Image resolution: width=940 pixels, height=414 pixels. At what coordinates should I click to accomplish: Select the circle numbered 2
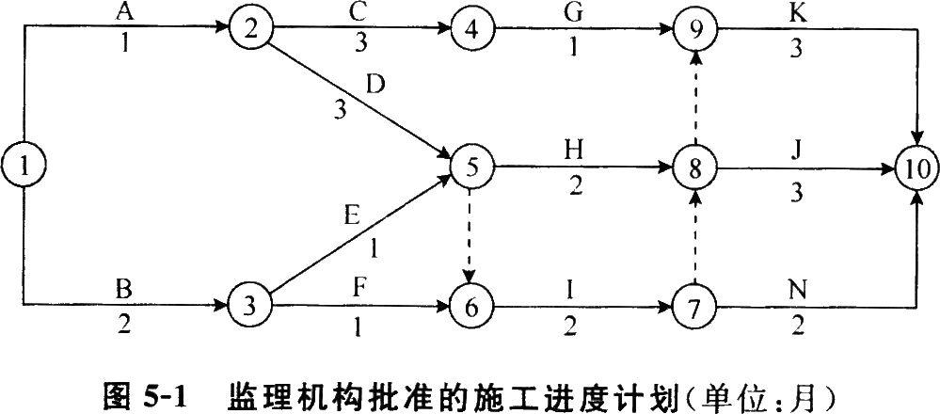248,29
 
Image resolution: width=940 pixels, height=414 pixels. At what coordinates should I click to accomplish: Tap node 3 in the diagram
248,306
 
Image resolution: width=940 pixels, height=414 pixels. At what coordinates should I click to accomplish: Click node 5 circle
471,168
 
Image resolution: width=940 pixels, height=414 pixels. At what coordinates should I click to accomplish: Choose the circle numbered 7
694,306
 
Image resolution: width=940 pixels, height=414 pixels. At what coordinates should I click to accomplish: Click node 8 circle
694,168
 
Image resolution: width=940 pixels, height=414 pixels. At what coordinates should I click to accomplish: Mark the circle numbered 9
694,29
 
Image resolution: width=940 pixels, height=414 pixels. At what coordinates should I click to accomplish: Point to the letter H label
575,150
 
